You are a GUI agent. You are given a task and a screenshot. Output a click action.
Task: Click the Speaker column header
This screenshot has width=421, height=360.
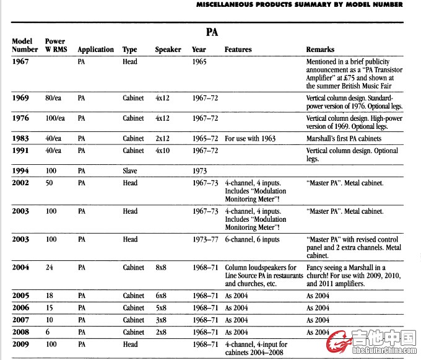168,50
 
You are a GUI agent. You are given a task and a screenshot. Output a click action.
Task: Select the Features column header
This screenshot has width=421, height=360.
238,50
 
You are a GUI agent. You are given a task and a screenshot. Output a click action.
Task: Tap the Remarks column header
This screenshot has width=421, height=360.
320,50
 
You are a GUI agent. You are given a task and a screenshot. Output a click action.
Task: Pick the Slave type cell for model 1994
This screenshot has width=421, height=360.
130,170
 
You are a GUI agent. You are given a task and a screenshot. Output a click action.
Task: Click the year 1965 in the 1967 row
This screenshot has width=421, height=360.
199,62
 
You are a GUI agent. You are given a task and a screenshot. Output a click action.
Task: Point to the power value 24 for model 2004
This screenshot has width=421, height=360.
50,268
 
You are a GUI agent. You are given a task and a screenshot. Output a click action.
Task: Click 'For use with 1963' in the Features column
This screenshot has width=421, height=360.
250,138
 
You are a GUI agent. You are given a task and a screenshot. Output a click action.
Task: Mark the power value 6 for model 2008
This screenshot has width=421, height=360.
48,332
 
